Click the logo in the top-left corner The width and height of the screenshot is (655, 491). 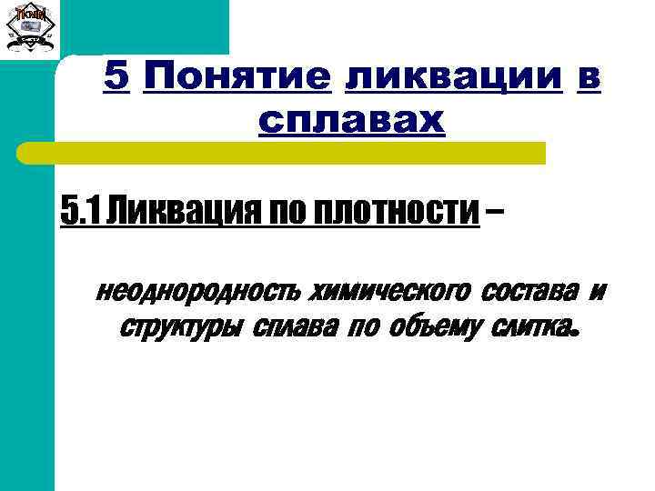[31, 28]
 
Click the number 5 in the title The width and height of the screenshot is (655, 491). [116, 78]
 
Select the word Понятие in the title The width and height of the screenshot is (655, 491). [236, 78]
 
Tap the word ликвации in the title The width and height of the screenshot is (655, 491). [453, 78]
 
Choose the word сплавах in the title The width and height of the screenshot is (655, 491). [351, 119]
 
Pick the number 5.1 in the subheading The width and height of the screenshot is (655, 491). [79, 212]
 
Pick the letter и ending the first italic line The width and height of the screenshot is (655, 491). [597, 293]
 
